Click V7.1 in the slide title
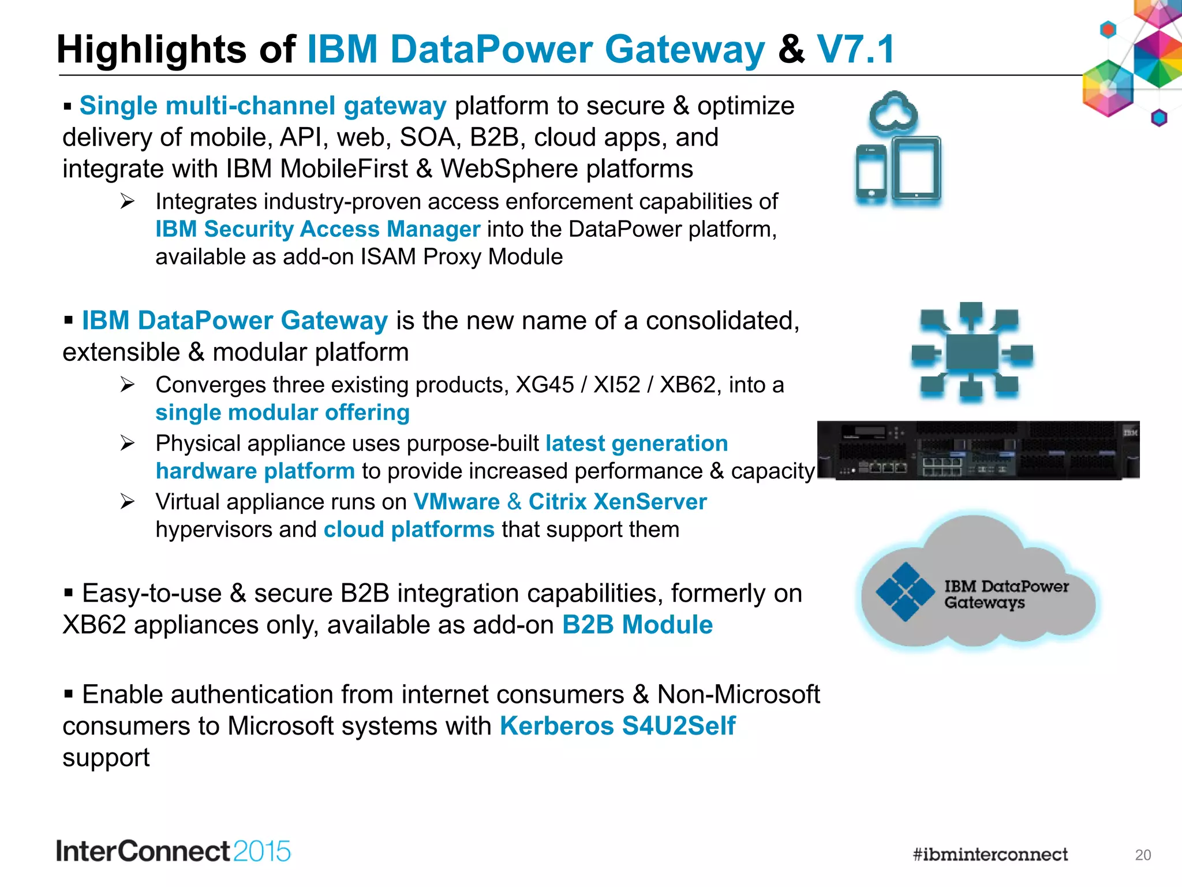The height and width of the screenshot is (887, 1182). click(x=855, y=49)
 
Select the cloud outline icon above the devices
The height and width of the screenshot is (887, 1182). click(x=893, y=111)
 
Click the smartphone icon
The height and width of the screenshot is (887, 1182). click(x=871, y=173)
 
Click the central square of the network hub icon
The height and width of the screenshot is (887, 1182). click(x=972, y=352)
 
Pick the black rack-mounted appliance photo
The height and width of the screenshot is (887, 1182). click(x=978, y=450)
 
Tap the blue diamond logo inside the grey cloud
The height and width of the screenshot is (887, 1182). click(x=905, y=591)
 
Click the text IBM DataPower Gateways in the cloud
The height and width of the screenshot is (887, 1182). click(x=1005, y=594)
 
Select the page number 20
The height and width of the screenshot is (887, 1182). click(x=1143, y=855)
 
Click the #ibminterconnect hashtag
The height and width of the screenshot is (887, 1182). click(x=990, y=854)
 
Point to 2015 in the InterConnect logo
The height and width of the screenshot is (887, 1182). click(x=262, y=852)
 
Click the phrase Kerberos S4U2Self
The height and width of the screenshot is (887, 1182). click(x=618, y=726)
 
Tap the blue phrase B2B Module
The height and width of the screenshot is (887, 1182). click(x=637, y=625)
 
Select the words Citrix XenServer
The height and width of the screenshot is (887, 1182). click(x=618, y=502)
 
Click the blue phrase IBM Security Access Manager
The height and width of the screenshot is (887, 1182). click(x=317, y=229)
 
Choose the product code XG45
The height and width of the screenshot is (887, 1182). click(x=544, y=385)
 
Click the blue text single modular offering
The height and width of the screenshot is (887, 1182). click(x=283, y=412)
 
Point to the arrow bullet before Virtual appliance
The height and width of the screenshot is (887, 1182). click(x=128, y=501)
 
